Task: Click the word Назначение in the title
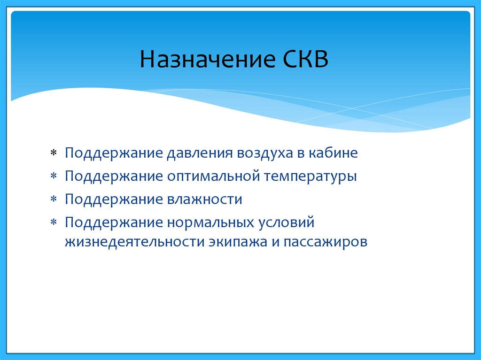pyautogui.click(x=207, y=59)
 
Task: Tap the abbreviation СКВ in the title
pyautogui.click(x=305, y=59)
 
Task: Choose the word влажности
pyautogui.click(x=205, y=199)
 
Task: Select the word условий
pyautogui.click(x=287, y=222)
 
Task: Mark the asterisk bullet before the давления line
pyautogui.click(x=54, y=153)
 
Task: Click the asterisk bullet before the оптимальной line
pyautogui.click(x=54, y=176)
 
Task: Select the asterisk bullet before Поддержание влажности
pyautogui.click(x=54, y=199)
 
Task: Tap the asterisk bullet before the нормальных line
pyautogui.click(x=54, y=222)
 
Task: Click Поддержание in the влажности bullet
pyautogui.click(x=114, y=199)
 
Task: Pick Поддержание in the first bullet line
pyautogui.click(x=114, y=153)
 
